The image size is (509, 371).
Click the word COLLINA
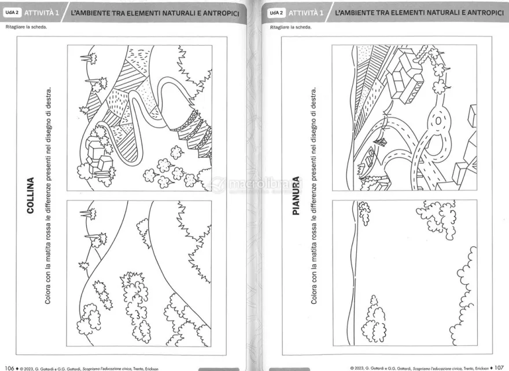pos(31,195)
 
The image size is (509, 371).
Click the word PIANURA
pos(296,195)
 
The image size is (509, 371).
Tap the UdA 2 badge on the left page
pos(12,13)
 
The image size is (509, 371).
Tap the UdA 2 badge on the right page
pos(276,13)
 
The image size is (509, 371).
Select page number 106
pos(9,368)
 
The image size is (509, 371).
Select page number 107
pos(499,368)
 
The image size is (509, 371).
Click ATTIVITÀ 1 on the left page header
pos(42,13)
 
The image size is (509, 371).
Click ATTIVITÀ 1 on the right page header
pos(306,13)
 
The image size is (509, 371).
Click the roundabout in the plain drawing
pos(438,121)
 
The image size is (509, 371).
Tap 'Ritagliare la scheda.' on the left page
pos(26,27)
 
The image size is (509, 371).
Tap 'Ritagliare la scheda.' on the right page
pos(290,27)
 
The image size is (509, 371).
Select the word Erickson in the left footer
pos(152,369)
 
